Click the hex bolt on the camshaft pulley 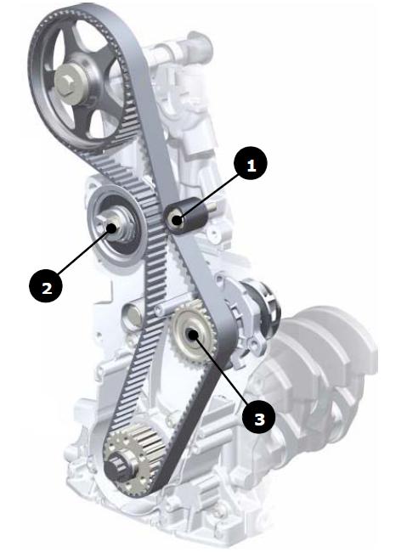point(66,84)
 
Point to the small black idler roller point(185,216)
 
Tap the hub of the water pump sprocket point(194,334)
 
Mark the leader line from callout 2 point(83,251)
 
